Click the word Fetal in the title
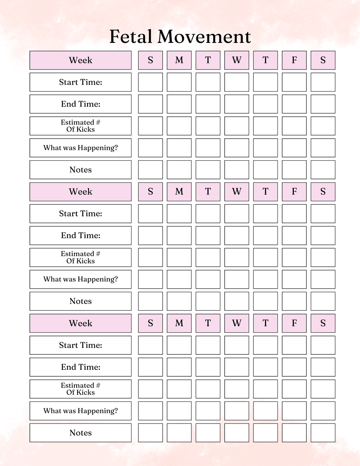coord(131,37)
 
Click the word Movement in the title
coord(204,37)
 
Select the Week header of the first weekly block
coord(80,60)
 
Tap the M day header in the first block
coord(179,60)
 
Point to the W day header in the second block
coord(237,192)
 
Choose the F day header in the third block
coord(294,323)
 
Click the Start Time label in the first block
coord(80,82)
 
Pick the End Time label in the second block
coord(80,236)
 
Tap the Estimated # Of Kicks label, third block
coord(80,389)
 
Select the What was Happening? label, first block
coord(80,148)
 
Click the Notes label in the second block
coord(80,301)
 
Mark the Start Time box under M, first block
coord(179,82)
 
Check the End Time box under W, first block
coord(237,104)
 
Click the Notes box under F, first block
coord(294,170)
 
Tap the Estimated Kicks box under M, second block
coord(179,257)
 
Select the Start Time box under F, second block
coord(294,214)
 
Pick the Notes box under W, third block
coord(237,433)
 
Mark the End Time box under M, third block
coord(179,367)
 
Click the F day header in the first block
coord(294,60)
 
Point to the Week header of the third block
coord(80,323)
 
